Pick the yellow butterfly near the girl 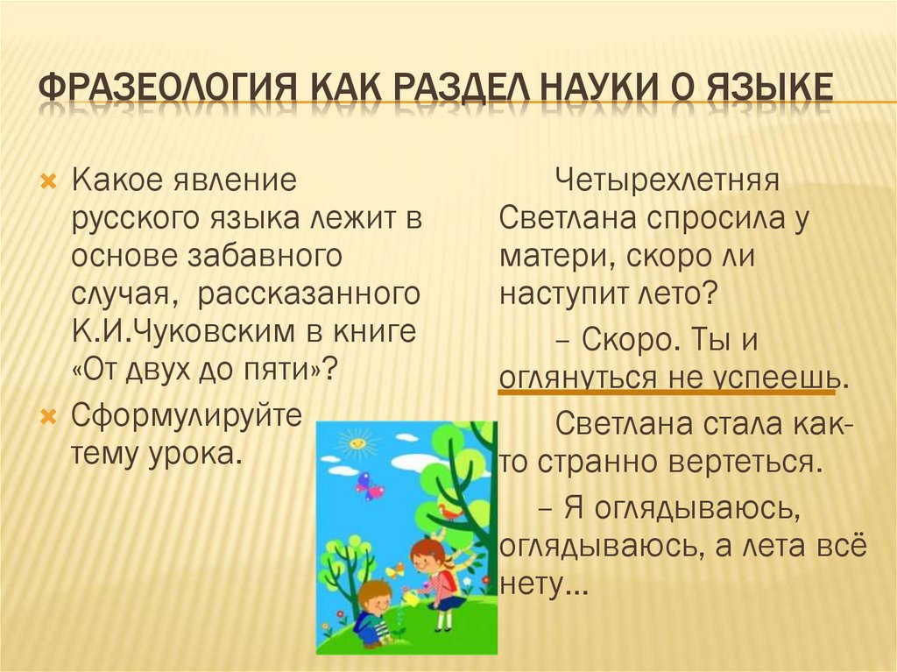click(x=396, y=570)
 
